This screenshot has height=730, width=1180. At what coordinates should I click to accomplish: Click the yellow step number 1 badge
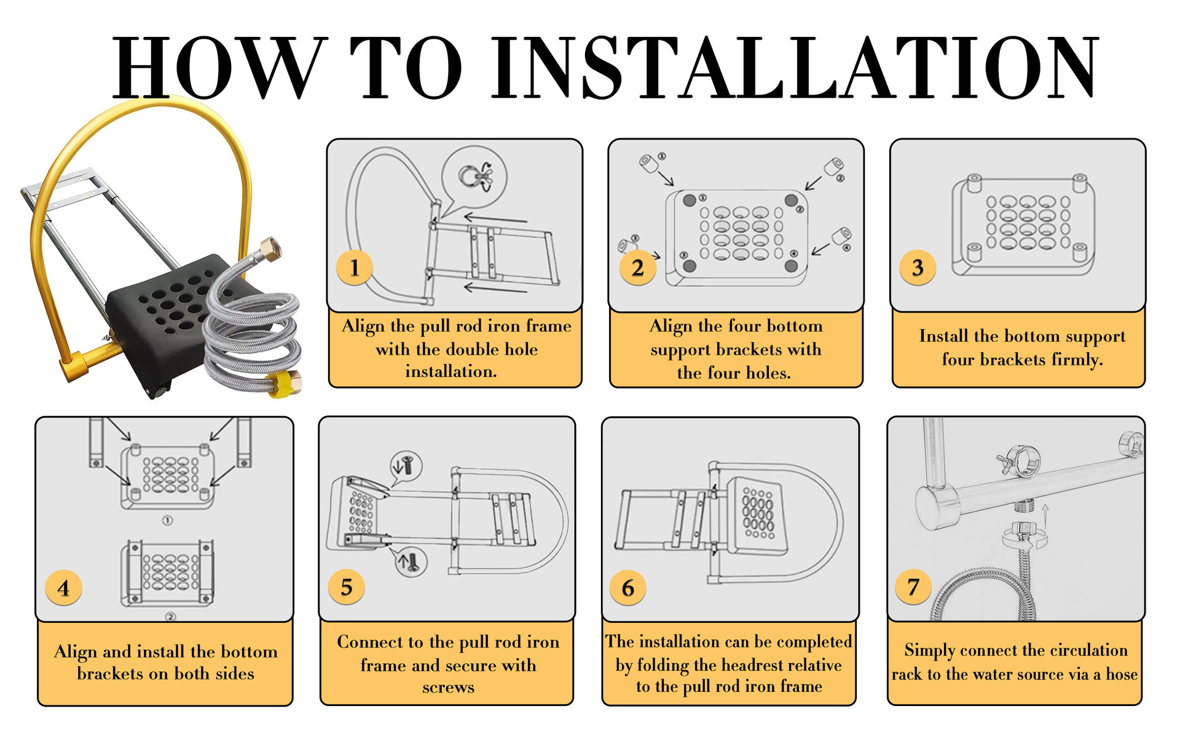click(355, 268)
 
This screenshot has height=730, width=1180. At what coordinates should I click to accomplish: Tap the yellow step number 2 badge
click(637, 268)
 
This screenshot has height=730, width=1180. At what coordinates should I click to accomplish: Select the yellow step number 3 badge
click(918, 268)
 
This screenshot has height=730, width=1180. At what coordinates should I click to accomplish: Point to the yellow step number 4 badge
click(63, 588)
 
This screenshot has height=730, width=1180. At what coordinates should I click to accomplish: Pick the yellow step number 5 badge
click(347, 587)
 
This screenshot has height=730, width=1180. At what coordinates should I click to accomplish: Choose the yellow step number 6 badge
click(627, 587)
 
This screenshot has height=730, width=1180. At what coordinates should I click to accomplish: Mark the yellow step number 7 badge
click(913, 587)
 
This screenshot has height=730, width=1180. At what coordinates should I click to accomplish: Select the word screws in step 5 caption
click(448, 688)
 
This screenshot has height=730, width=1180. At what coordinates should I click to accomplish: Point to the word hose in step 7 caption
click(1122, 675)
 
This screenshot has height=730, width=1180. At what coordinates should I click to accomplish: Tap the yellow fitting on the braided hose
click(286, 383)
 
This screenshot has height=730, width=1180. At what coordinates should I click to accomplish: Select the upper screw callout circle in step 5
click(406, 466)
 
